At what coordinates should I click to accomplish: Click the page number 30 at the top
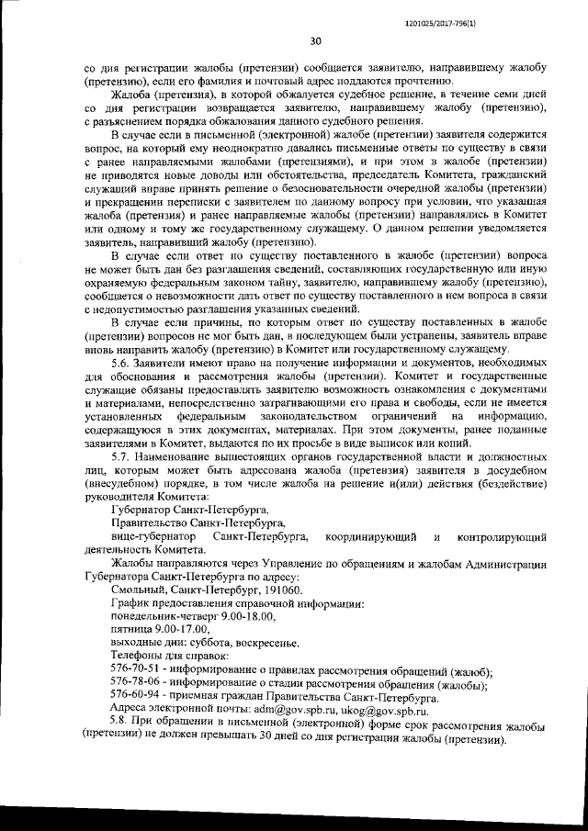click(x=315, y=39)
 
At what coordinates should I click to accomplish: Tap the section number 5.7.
click(x=123, y=455)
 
